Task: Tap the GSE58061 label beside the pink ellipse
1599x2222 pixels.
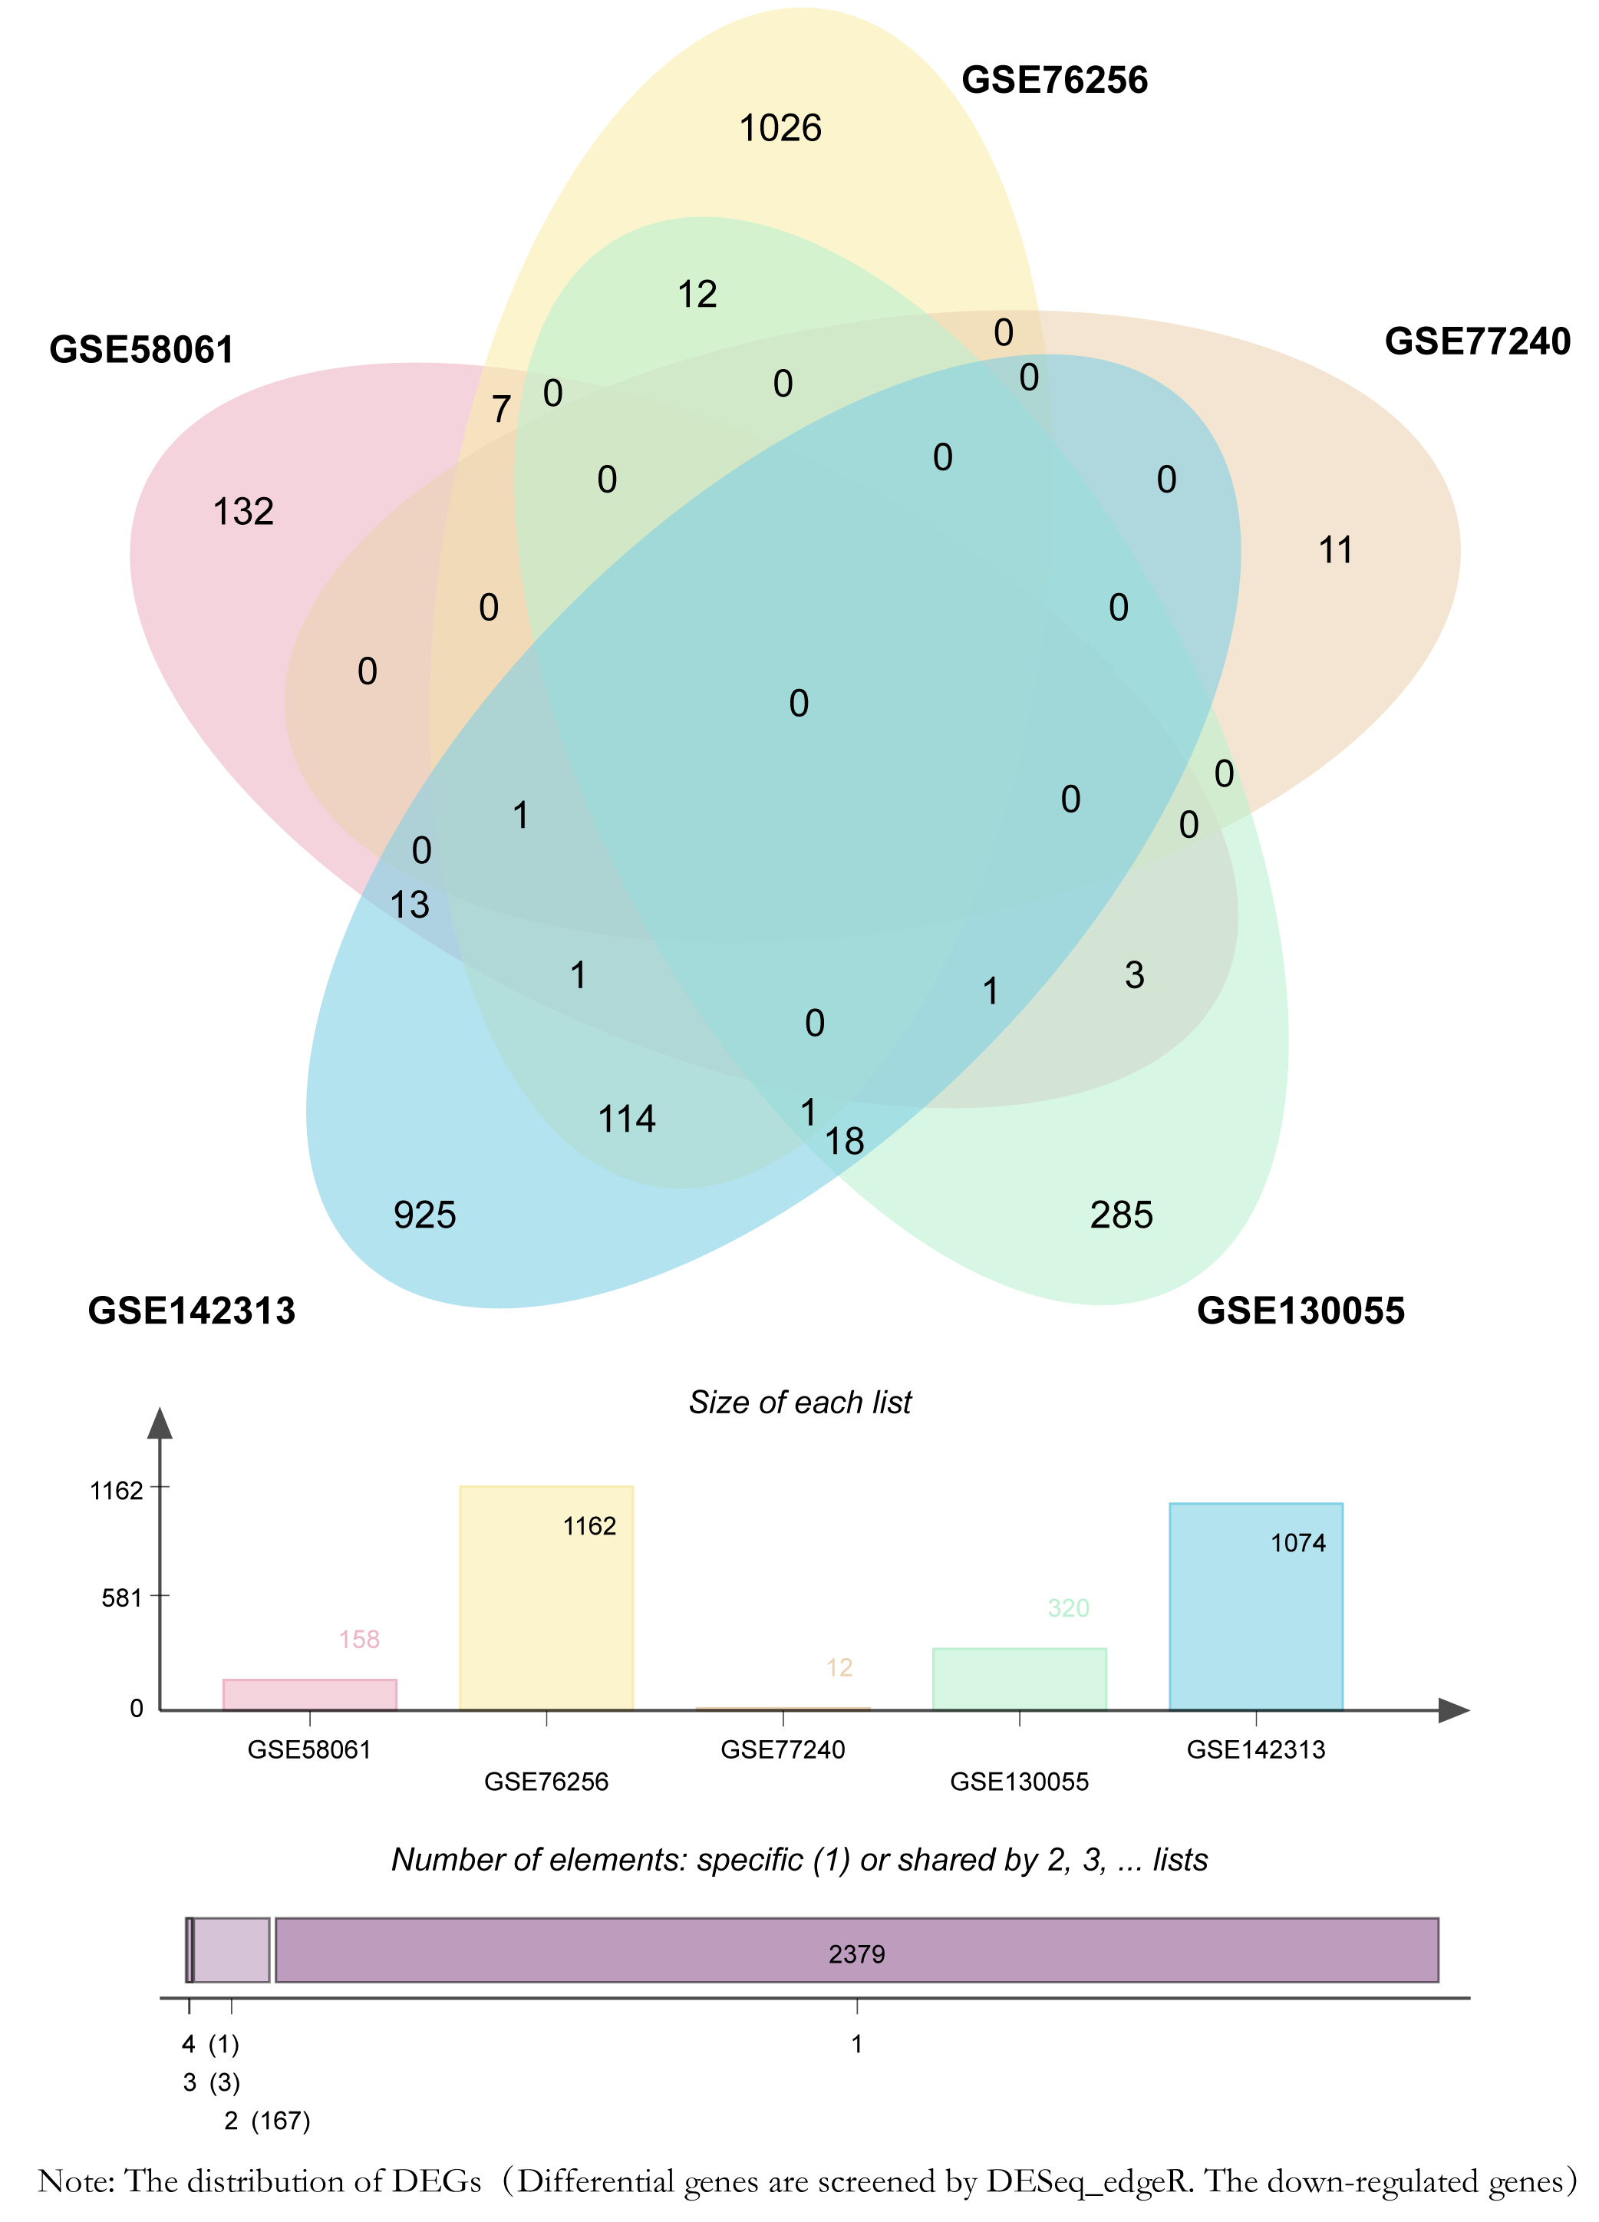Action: pyautogui.click(x=142, y=350)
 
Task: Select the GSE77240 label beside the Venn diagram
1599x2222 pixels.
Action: pyautogui.click(x=1478, y=341)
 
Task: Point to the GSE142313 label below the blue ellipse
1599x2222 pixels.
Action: pyautogui.click(x=192, y=1310)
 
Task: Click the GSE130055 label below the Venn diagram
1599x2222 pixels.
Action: pyautogui.click(x=1301, y=1310)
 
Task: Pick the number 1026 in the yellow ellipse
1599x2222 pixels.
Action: pyautogui.click(x=780, y=128)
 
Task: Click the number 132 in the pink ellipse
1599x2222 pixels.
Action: pyautogui.click(x=243, y=512)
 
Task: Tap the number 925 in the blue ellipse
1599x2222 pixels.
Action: pyautogui.click(x=425, y=1215)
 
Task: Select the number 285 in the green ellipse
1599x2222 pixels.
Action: pyautogui.click(x=1122, y=1215)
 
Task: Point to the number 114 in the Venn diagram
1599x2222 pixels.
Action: pyautogui.click(x=627, y=1119)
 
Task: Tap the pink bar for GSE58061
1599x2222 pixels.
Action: pyautogui.click(x=310, y=1696)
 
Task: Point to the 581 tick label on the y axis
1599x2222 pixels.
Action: pyautogui.click(x=123, y=1599)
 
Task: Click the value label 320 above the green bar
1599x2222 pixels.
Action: pyautogui.click(x=1068, y=1607)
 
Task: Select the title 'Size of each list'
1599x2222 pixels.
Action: pyautogui.click(x=799, y=1402)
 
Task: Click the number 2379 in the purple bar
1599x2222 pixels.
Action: pyautogui.click(x=856, y=1953)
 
